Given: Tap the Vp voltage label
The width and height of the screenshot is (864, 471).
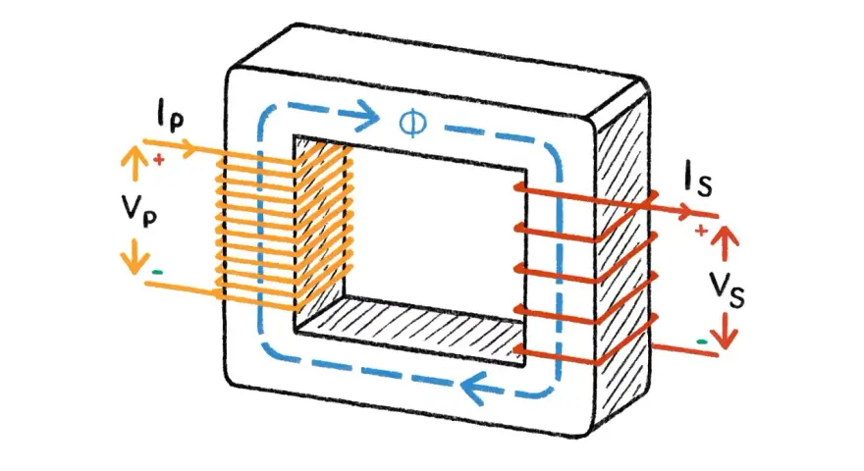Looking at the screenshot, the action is coord(139,210).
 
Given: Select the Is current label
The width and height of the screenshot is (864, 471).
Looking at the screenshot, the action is coord(698,182).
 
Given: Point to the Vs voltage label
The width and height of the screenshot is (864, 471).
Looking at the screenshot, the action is coord(727,289).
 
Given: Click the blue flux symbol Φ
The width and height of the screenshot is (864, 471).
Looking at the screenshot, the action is coord(412,123).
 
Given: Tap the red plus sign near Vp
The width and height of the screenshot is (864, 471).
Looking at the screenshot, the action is coord(159,160).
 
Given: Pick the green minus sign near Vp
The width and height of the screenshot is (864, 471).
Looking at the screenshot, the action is coord(158,272).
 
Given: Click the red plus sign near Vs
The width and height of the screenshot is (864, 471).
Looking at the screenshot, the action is coord(701,231).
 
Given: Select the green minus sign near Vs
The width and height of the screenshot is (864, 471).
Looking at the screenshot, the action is coord(701,341).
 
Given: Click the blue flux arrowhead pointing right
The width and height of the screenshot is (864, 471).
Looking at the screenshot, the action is coord(367,116).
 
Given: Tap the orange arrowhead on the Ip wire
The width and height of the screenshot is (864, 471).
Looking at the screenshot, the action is coord(187,148).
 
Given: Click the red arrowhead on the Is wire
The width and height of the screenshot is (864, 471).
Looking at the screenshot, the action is coord(683,210).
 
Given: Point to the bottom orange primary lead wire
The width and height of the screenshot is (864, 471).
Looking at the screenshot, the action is coord(182,288).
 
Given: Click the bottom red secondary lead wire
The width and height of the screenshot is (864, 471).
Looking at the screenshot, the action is coord(685,349).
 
